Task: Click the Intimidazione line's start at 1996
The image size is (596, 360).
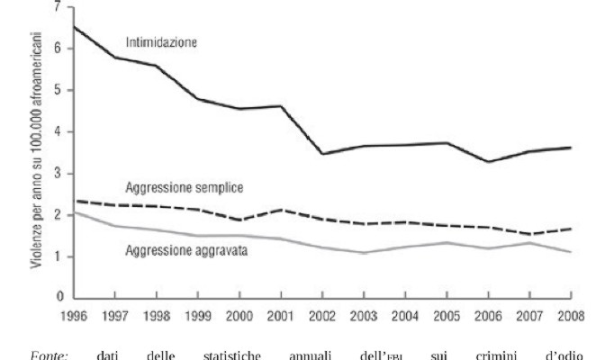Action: [73, 27]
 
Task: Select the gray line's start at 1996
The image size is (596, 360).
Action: [73, 212]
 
